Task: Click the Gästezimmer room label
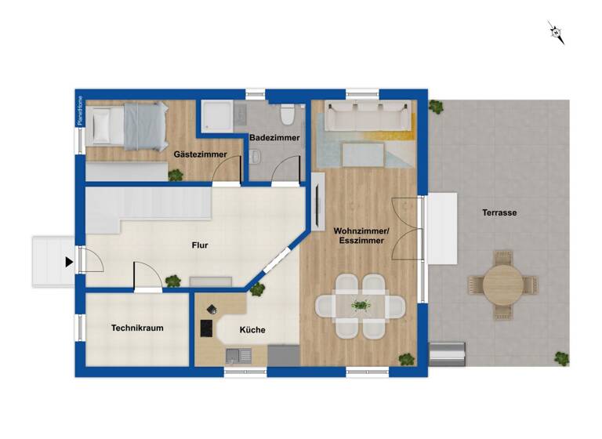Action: pos(201,155)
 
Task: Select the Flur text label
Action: pos(200,245)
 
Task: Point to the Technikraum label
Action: pos(137,328)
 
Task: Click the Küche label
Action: pos(252,330)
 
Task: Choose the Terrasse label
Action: pos(499,212)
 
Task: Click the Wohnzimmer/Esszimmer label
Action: pos(361,236)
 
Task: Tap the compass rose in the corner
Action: pos(557,32)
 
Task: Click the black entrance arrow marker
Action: pos(69,262)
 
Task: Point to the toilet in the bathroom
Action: pos(288,116)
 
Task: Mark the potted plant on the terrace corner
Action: pos(561,358)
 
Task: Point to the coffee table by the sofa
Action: pos(363,154)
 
